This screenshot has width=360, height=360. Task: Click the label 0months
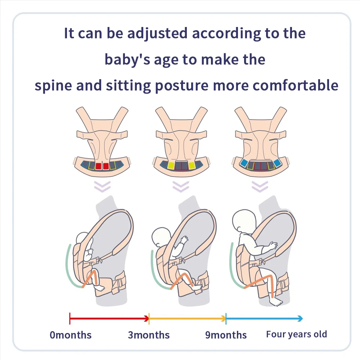pos(71,335)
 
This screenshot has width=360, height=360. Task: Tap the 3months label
pos(149,335)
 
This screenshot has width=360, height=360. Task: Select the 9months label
pos(226,335)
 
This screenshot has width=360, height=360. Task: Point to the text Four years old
pos(296,334)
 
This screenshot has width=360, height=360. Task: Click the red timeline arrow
pos(109,319)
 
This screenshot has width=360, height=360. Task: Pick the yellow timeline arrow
pos(187,319)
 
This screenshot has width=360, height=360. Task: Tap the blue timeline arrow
pos(264,319)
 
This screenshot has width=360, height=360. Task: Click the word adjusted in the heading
pos(157,33)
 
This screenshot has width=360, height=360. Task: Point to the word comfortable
pos(295,85)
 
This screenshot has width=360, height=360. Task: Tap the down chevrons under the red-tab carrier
pos(102,186)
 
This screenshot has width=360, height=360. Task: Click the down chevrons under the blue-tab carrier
pos(260,186)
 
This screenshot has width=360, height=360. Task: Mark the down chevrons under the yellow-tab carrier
pos(181,186)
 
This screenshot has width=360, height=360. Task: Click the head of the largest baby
pos(244,221)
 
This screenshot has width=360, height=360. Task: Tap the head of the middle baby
pos(161,237)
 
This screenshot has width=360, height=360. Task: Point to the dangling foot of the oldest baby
pos(276,301)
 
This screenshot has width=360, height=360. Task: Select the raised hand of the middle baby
pos(184,240)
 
